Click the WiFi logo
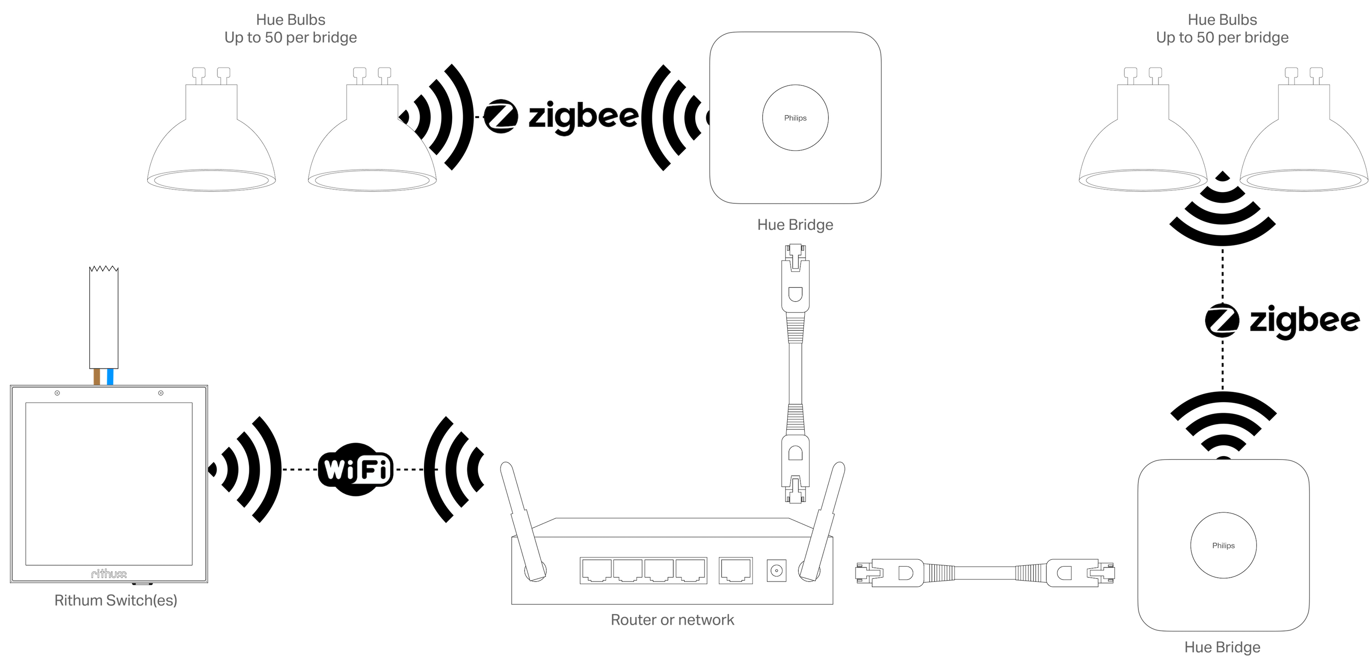point(356,469)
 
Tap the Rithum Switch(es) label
point(116,600)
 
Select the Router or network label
point(672,620)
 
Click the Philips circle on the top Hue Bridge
point(795,118)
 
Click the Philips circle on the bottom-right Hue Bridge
point(1224,545)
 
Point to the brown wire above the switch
point(97,377)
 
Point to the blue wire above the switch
point(110,377)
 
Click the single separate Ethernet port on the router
point(735,570)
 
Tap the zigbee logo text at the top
point(584,116)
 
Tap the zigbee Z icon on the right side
point(1222,321)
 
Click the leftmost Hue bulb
point(211,129)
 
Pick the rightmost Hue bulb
point(1304,129)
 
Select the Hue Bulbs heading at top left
point(291,20)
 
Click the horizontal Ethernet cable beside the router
point(985,573)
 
